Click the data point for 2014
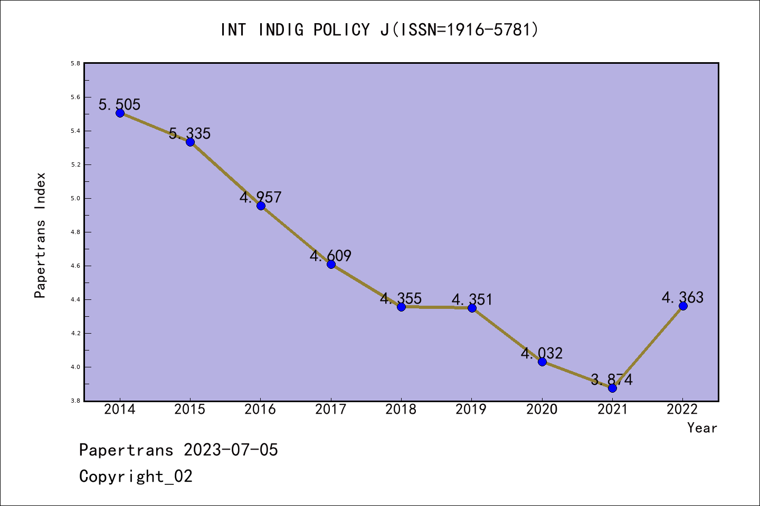[120, 113]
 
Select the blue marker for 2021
[612, 388]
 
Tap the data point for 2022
[683, 306]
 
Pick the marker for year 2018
[401, 307]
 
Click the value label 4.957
[261, 197]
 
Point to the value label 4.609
[331, 256]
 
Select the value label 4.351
[472, 299]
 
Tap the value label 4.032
[542, 353]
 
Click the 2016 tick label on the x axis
[260, 410]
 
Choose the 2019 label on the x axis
[471, 410]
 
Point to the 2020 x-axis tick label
[542, 410]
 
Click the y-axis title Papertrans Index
[40, 235]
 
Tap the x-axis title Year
[702, 428]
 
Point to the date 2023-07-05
[231, 450]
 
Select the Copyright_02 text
[136, 476]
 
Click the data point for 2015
[190, 142]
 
